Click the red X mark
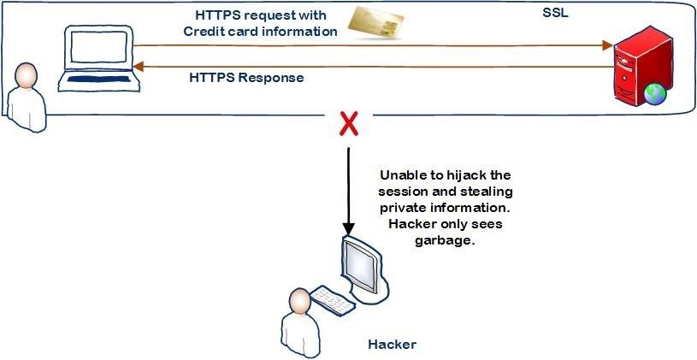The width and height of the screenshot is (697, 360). (x=348, y=126)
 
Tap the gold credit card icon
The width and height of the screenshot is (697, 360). (x=374, y=24)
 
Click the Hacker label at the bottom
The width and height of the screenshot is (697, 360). (x=392, y=345)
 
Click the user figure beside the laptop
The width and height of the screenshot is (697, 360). (x=25, y=96)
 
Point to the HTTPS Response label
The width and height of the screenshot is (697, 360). (x=245, y=78)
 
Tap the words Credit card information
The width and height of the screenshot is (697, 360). (x=260, y=32)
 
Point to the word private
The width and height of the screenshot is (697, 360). (x=408, y=208)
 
